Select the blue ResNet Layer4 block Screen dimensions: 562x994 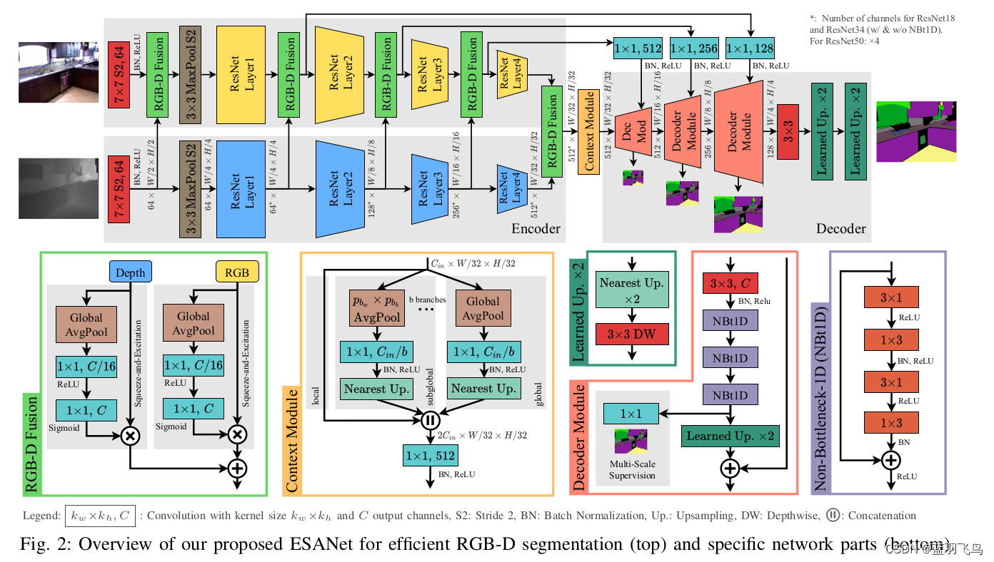(x=512, y=188)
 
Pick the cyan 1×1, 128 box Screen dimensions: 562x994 (x=749, y=48)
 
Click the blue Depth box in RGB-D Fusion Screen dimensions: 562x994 (x=130, y=272)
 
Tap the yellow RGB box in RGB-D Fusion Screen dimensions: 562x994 (x=236, y=272)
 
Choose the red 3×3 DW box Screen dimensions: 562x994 (x=630, y=333)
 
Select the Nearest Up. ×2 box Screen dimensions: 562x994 (x=630, y=290)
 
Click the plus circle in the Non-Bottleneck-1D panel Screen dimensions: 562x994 (x=890, y=460)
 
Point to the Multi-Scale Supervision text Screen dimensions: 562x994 (x=632, y=470)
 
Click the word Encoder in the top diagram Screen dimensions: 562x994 (x=536, y=229)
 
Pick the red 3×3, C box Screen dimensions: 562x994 (x=729, y=284)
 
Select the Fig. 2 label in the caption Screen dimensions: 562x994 (x=43, y=543)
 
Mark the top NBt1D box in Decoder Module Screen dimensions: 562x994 (x=729, y=322)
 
